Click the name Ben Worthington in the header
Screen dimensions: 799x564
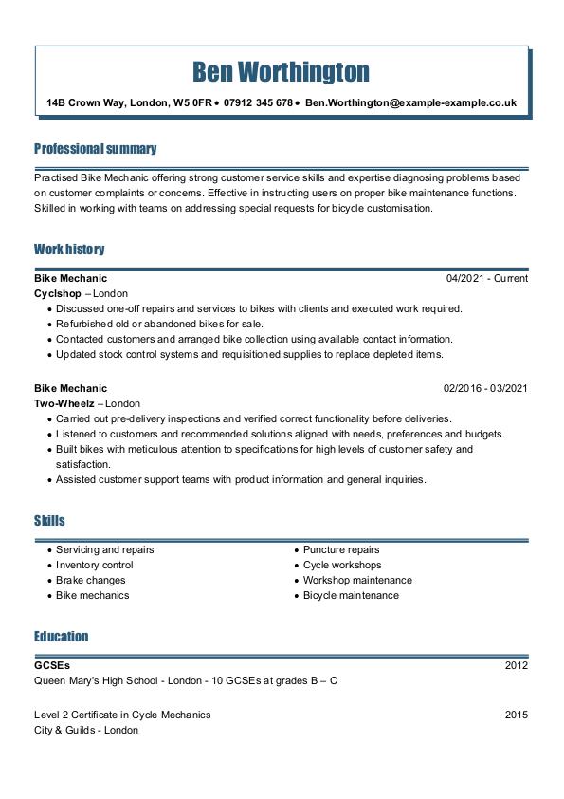click(x=281, y=71)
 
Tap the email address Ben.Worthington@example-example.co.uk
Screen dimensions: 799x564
click(x=410, y=102)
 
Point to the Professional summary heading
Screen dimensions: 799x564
click(x=95, y=149)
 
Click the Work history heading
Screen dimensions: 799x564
click(x=69, y=250)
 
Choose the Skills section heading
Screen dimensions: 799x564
click(x=49, y=521)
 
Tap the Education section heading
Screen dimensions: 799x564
click(x=61, y=636)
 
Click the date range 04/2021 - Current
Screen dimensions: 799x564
click(x=486, y=279)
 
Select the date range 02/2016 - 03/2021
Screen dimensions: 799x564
click(x=485, y=388)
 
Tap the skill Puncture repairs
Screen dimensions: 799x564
click(x=341, y=550)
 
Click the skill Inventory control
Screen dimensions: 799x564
click(x=94, y=566)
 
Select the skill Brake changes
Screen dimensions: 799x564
click(x=90, y=581)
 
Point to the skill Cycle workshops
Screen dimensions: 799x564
click(x=341, y=566)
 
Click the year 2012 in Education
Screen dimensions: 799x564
click(x=516, y=666)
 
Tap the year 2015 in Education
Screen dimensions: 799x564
click(x=516, y=715)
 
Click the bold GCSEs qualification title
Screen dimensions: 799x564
click(x=52, y=666)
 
